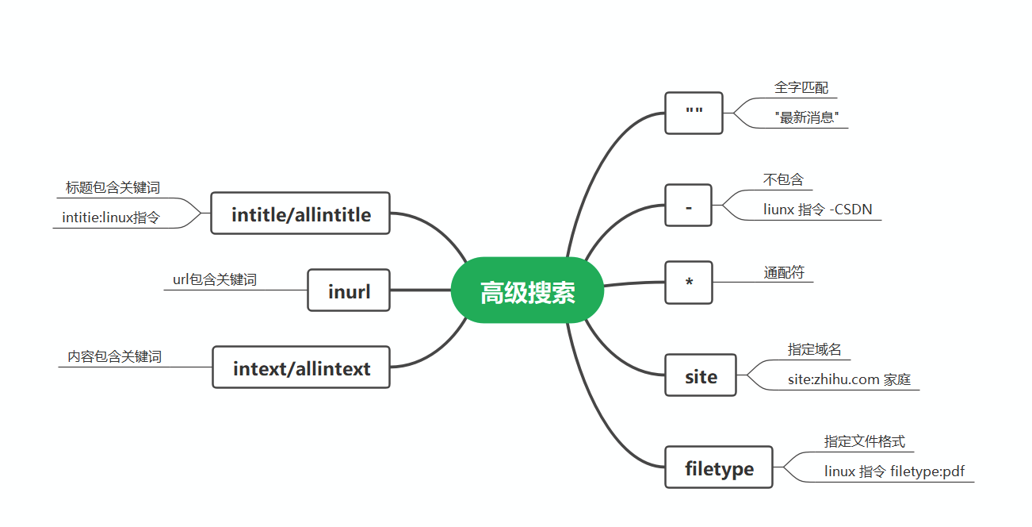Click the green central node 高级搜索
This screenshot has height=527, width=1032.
click(x=527, y=290)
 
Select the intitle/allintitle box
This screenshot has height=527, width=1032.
click(x=300, y=213)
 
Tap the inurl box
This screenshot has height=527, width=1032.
click(x=349, y=290)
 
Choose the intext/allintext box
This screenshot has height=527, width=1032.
click(x=301, y=367)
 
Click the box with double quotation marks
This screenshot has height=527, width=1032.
click(x=694, y=113)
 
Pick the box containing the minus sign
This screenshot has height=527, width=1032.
click(x=688, y=206)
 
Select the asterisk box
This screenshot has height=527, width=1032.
click(x=689, y=283)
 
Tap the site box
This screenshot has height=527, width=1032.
click(x=701, y=375)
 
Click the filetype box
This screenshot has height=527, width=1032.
click(x=718, y=467)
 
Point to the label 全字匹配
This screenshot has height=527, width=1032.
click(x=801, y=87)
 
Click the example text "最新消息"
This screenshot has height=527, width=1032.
click(x=807, y=117)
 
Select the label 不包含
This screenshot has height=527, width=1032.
click(x=783, y=179)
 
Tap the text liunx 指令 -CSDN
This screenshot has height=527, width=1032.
click(x=817, y=210)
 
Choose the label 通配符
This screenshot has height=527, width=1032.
click(x=784, y=272)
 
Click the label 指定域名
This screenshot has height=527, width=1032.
click(x=814, y=349)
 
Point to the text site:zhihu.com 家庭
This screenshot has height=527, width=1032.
click(x=849, y=379)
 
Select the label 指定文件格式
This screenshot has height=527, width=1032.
click(x=864, y=441)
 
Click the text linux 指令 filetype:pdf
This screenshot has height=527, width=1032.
click(x=894, y=471)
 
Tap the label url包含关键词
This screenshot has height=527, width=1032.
click(x=215, y=279)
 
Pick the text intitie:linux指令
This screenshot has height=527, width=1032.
click(x=111, y=217)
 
